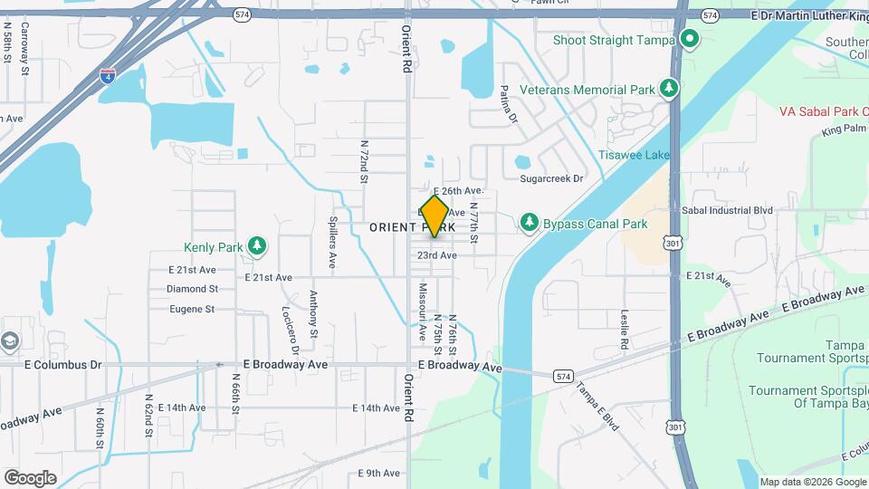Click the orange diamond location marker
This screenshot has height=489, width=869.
pos(434,216)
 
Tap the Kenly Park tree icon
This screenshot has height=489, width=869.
pos(258,245)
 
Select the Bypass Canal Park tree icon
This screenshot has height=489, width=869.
pos(529,223)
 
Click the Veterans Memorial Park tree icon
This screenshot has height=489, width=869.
pos(669,89)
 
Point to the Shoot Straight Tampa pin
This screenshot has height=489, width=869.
pos(690,39)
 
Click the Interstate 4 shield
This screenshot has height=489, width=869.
pos(108,75)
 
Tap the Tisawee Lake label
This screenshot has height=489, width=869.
pos(634,155)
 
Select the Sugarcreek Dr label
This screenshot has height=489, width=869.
pos(551,178)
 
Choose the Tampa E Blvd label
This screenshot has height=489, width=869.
pos(597,404)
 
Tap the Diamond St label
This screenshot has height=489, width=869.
pos(192,289)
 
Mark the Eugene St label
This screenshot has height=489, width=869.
pos(191,309)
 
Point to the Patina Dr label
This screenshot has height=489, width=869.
pos(507,104)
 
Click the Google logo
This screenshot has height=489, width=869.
pos(30,477)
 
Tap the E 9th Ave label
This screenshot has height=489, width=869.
pos(378,473)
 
